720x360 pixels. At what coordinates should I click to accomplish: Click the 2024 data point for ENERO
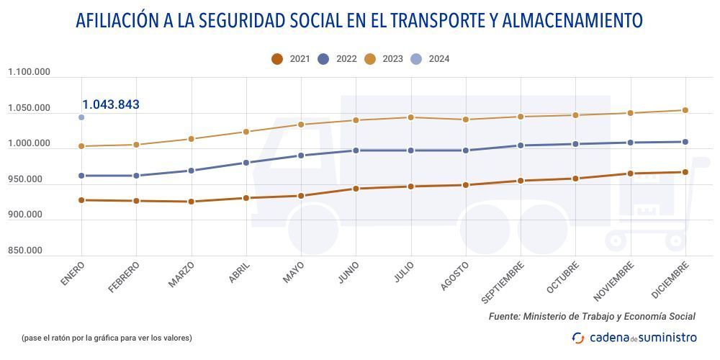coord(81,117)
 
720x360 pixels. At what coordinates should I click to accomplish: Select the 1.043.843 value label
coord(111,104)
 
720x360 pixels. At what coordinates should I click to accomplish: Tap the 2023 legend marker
coord(370,59)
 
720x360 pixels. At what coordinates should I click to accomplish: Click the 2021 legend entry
coord(291,59)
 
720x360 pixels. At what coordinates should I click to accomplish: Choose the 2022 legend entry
coord(337,59)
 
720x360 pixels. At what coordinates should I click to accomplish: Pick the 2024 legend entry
coord(430,59)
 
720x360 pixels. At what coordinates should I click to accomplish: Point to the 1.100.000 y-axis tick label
coord(29,72)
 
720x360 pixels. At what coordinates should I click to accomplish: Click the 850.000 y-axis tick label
coord(25,251)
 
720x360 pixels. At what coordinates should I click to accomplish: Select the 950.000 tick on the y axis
coord(25,179)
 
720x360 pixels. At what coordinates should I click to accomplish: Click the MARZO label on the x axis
coord(181,275)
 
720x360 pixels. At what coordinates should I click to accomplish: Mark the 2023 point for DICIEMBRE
coord(685,110)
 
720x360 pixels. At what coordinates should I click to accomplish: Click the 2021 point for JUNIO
coord(356,189)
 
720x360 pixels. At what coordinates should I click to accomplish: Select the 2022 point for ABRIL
coord(246,163)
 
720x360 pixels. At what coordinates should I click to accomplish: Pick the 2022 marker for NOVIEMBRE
coord(631,143)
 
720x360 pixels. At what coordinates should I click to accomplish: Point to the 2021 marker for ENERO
coord(81,200)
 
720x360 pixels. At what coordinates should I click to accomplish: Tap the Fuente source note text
coord(592,316)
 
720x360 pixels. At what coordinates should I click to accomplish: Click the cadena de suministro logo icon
coord(578,338)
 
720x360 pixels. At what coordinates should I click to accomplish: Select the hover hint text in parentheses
coord(107,338)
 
